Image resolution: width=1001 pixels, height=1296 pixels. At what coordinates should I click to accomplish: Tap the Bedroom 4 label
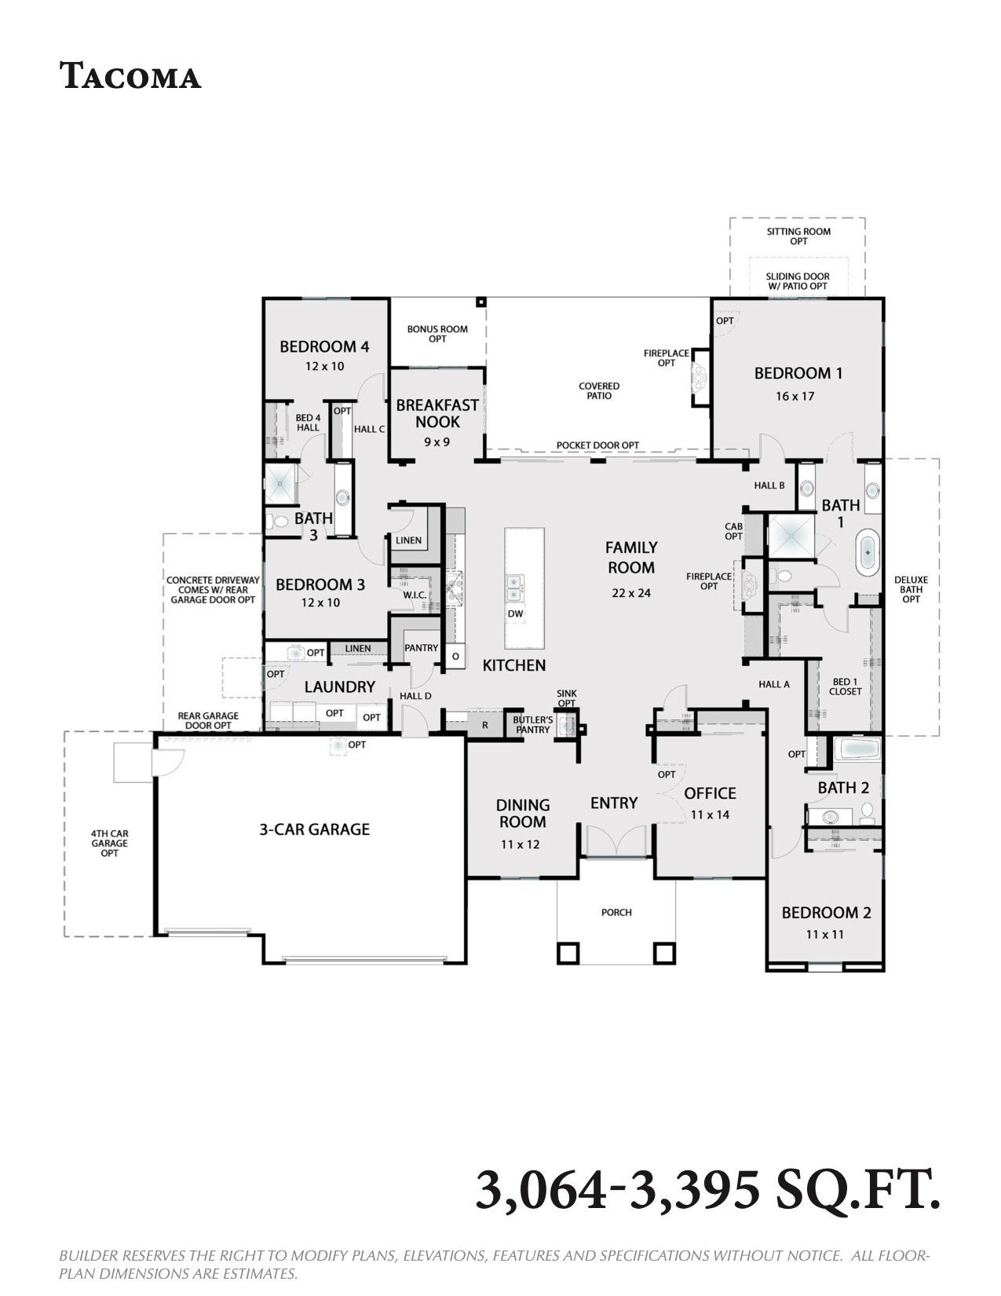click(324, 346)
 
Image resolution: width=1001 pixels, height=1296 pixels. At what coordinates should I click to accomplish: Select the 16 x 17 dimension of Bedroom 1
click(795, 396)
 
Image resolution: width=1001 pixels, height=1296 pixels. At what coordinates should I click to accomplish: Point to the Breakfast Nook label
click(437, 413)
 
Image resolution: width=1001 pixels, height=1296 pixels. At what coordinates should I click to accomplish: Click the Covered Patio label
click(598, 390)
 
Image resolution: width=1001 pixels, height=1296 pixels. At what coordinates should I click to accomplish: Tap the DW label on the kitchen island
click(516, 613)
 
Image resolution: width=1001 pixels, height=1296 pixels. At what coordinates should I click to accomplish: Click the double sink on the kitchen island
click(514, 588)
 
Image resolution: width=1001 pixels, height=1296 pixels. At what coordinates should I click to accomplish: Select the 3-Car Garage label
click(314, 829)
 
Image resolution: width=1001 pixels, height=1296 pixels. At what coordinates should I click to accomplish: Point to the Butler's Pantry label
click(533, 725)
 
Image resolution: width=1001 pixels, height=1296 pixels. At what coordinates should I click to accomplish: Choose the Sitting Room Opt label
click(798, 236)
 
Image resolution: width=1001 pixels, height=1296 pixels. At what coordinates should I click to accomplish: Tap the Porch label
click(616, 913)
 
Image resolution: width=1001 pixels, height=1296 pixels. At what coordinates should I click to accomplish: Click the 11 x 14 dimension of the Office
click(710, 815)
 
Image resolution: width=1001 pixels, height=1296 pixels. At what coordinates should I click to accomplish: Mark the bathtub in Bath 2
click(857, 749)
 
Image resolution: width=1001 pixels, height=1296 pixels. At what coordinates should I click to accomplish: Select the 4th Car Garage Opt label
click(109, 844)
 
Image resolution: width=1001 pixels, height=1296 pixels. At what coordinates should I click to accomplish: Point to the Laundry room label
click(339, 687)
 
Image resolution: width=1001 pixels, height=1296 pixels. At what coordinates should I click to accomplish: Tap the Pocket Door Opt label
click(597, 445)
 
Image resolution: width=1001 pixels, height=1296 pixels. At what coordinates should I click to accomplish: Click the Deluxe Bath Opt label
click(911, 589)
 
